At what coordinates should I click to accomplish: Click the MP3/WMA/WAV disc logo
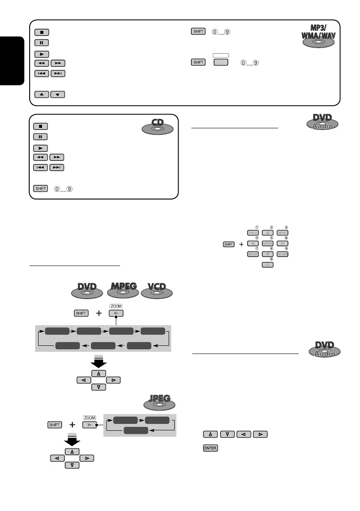(316, 39)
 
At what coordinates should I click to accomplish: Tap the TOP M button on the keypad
(252, 233)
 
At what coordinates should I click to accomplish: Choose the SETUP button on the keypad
(252, 254)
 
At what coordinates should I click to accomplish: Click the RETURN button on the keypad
(282, 254)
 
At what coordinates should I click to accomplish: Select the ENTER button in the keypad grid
(267, 243)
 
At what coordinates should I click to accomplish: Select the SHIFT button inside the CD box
(39, 188)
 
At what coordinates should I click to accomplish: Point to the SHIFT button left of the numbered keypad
(229, 244)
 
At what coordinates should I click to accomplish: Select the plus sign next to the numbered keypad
(241, 244)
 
